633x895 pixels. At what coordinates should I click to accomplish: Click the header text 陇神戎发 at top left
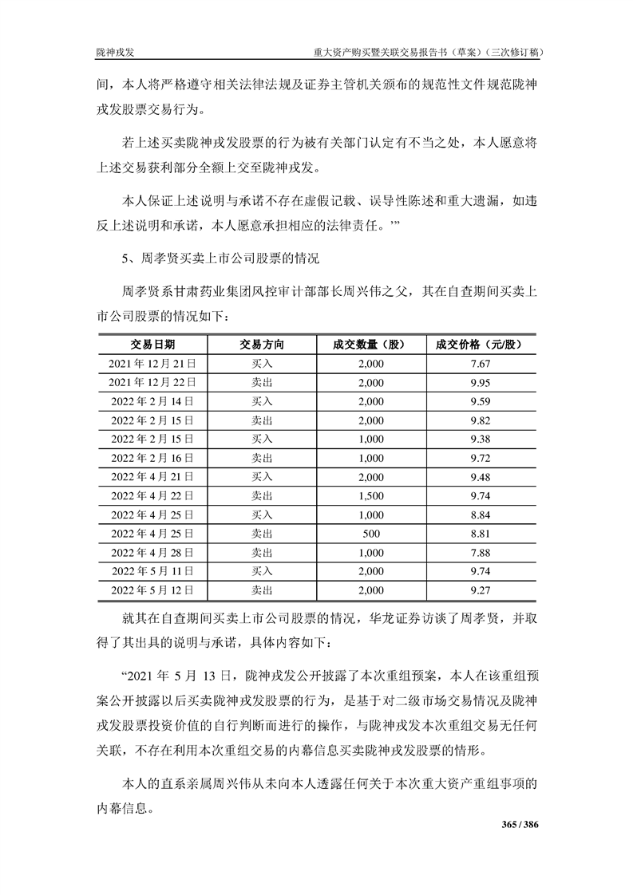pos(114,52)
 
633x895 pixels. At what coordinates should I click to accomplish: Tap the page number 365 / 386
pos(519,823)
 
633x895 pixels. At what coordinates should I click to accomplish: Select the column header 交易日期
pos(152,345)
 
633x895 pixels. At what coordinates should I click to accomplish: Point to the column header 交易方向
pos(262,345)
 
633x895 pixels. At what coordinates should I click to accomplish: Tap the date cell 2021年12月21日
pos(152,364)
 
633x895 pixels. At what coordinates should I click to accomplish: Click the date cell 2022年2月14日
pos(152,401)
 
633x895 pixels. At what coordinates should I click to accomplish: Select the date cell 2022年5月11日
pos(152,571)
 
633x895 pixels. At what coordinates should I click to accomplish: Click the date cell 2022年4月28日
pos(152,553)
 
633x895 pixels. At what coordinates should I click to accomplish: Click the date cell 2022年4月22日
pos(152,495)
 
